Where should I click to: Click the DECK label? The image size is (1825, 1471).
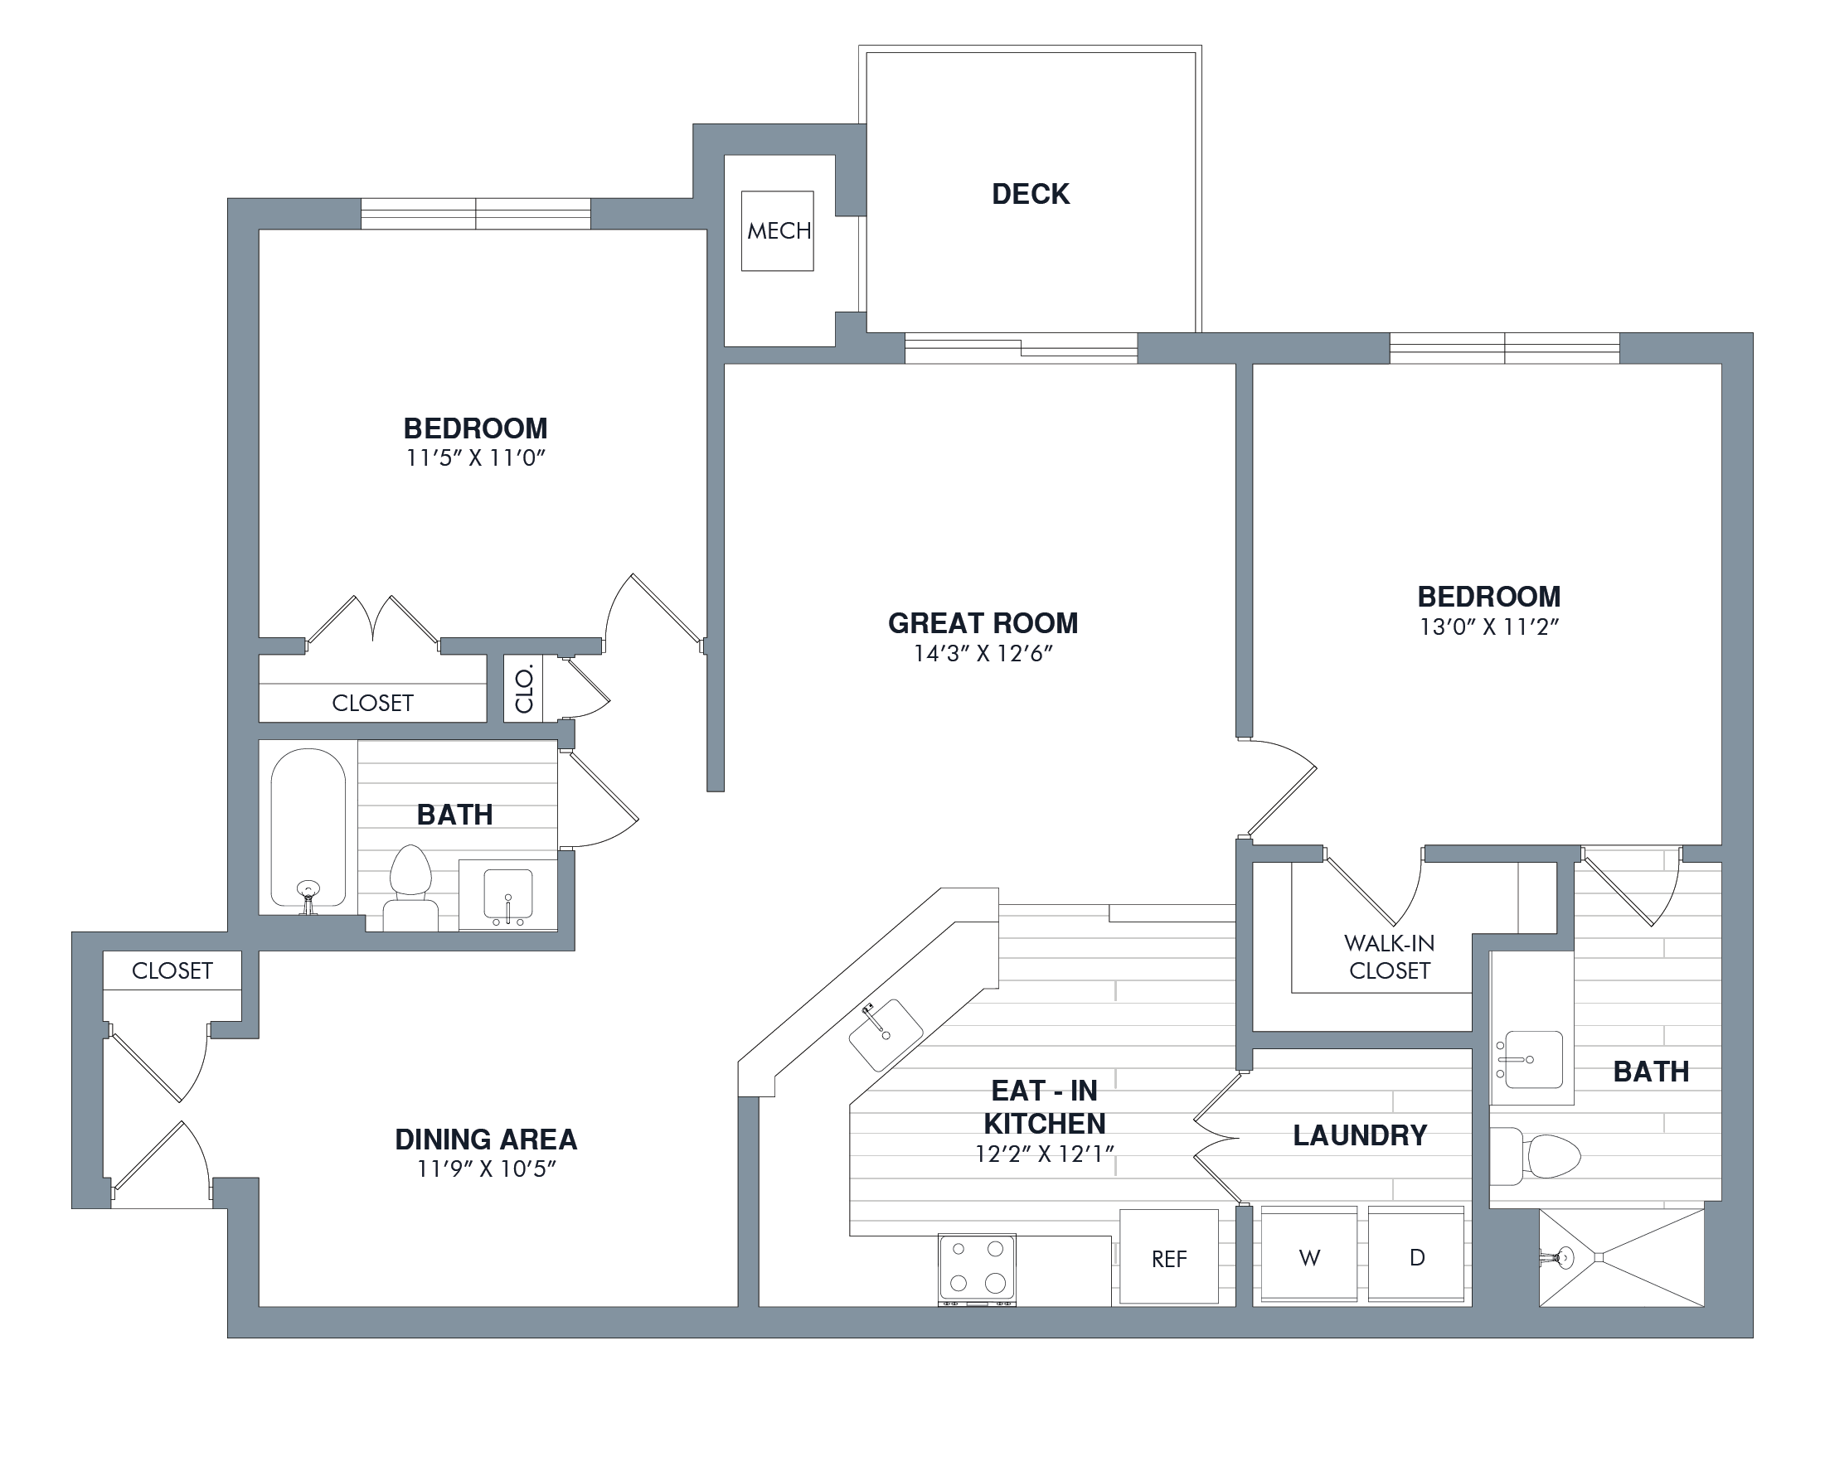click(1030, 194)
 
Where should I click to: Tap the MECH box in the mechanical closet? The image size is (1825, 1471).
click(777, 230)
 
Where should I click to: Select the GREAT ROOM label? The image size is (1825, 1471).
click(983, 623)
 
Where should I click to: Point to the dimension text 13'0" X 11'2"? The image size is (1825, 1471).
click(1489, 627)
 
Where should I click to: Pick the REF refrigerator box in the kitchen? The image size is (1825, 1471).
click(1169, 1256)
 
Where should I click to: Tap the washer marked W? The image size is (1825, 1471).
click(1308, 1255)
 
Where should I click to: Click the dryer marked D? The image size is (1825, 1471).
click(1416, 1255)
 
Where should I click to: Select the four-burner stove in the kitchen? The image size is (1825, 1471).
click(977, 1270)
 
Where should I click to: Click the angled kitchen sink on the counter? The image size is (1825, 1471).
click(886, 1034)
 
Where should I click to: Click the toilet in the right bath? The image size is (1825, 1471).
click(1535, 1156)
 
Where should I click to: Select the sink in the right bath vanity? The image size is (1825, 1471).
click(1530, 1059)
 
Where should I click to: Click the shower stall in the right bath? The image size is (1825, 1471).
click(1621, 1257)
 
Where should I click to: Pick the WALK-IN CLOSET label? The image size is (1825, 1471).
click(1390, 956)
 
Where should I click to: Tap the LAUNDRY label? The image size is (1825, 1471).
click(1360, 1135)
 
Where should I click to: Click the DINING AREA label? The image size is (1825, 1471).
click(486, 1140)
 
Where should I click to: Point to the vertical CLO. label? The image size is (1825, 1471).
click(524, 689)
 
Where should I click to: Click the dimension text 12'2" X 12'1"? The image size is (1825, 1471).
click(1044, 1154)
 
